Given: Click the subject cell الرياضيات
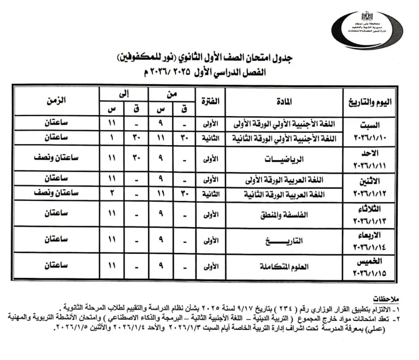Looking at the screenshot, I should (285, 159).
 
